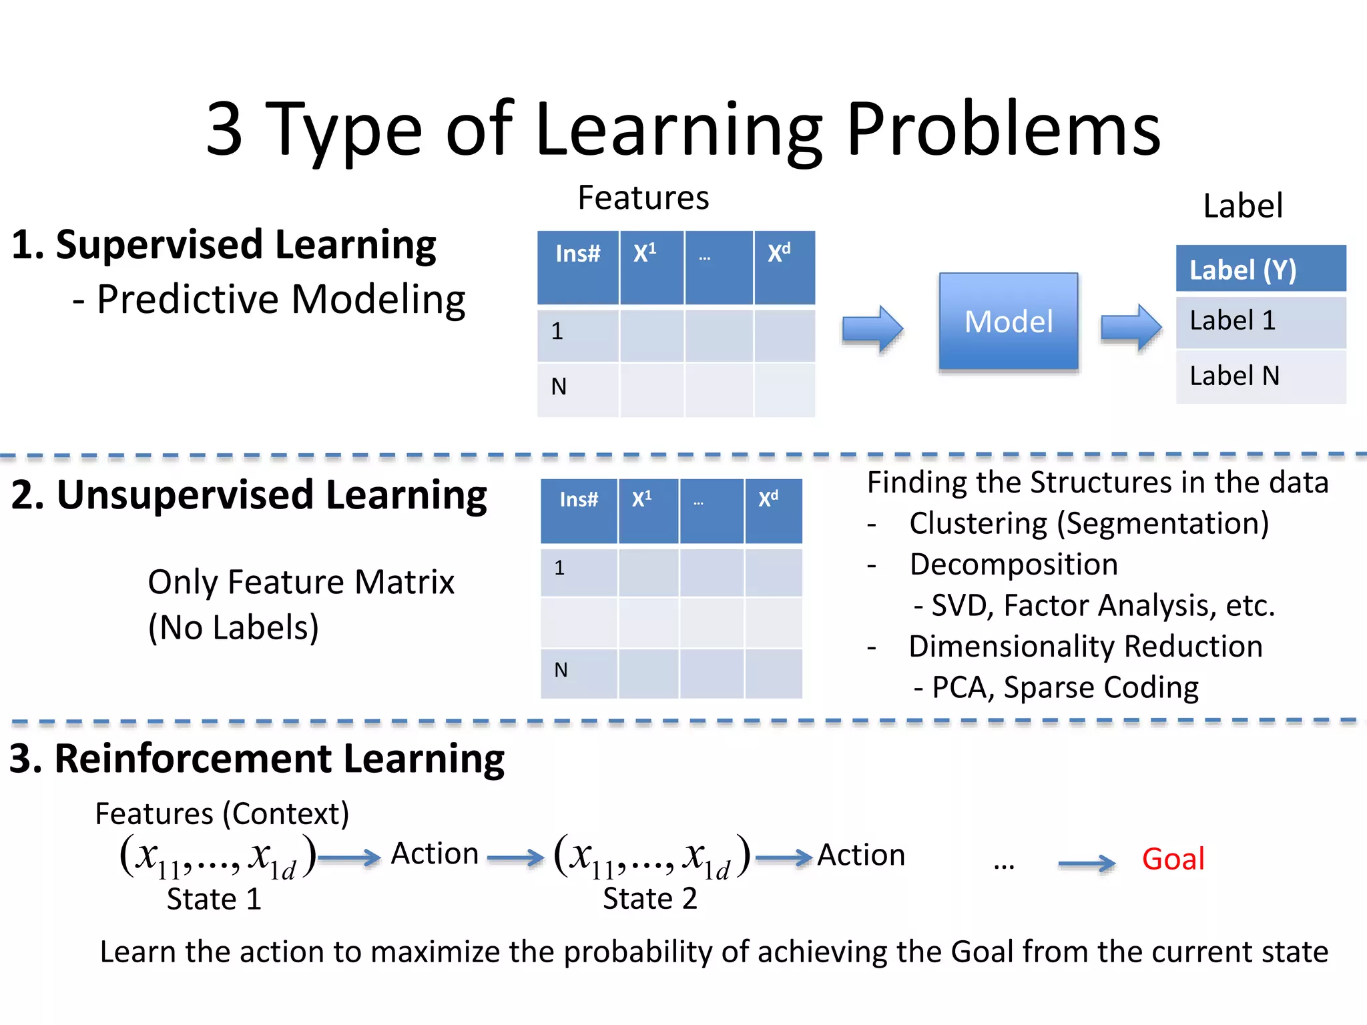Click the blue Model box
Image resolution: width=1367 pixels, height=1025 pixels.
(x=1008, y=322)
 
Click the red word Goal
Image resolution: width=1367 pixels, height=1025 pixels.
(x=1173, y=859)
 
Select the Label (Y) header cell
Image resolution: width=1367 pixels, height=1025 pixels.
(x=1260, y=269)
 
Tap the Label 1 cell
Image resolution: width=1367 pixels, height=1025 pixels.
(x=1260, y=321)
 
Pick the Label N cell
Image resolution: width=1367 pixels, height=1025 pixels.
(x=1260, y=376)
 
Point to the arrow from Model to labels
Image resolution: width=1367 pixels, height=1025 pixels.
(x=1130, y=327)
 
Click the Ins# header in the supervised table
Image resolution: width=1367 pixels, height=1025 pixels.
(x=578, y=254)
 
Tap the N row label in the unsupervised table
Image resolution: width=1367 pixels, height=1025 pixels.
(x=561, y=670)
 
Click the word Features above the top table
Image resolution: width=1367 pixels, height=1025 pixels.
(x=643, y=198)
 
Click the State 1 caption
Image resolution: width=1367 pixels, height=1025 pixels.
(x=214, y=900)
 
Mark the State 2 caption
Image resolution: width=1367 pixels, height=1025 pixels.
(x=649, y=899)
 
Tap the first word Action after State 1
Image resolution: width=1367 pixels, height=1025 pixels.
(x=435, y=854)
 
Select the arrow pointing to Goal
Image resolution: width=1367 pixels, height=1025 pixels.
(x=1086, y=864)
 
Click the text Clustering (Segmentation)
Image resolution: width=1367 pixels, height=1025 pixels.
(x=1089, y=524)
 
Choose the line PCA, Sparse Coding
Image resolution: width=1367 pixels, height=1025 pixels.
(x=1064, y=688)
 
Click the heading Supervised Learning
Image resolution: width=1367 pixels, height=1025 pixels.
(x=246, y=245)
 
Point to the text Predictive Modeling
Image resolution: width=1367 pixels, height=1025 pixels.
(x=280, y=299)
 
